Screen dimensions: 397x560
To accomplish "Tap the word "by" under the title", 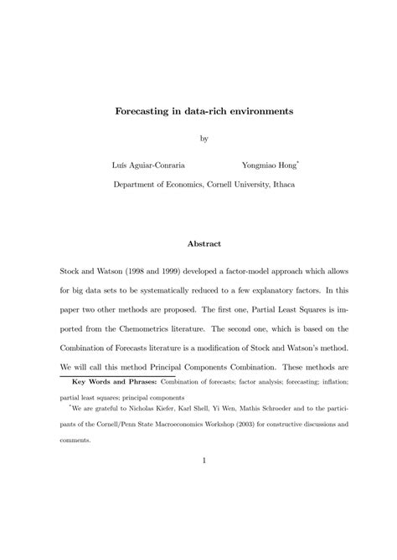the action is coord(202,138).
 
